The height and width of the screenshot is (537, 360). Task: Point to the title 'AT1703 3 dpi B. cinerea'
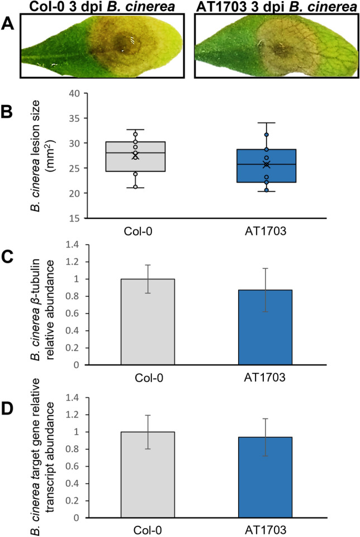[273, 7]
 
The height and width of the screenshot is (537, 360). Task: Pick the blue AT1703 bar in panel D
[266, 477]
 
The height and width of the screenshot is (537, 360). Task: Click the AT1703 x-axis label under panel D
[266, 529]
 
